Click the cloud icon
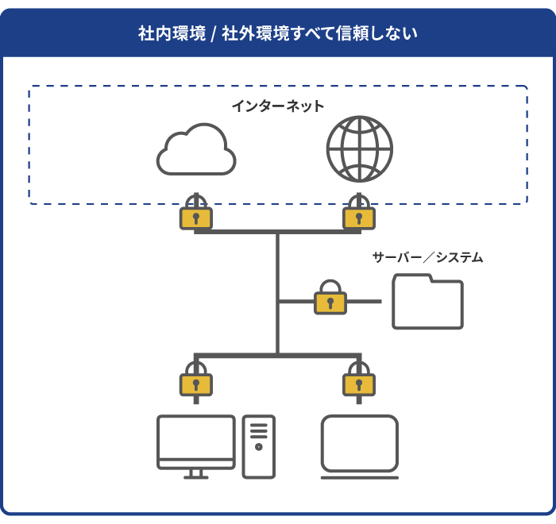[196, 150]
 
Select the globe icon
[359, 149]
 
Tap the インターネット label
[278, 106]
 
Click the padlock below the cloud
[195, 216]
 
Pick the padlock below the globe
[359, 216]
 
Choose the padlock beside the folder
[330, 301]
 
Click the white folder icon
[427, 302]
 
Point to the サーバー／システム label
[427, 257]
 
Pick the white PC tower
[259, 446]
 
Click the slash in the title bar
[214, 33]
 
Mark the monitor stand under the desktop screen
[196, 474]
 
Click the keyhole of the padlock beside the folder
[330, 302]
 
